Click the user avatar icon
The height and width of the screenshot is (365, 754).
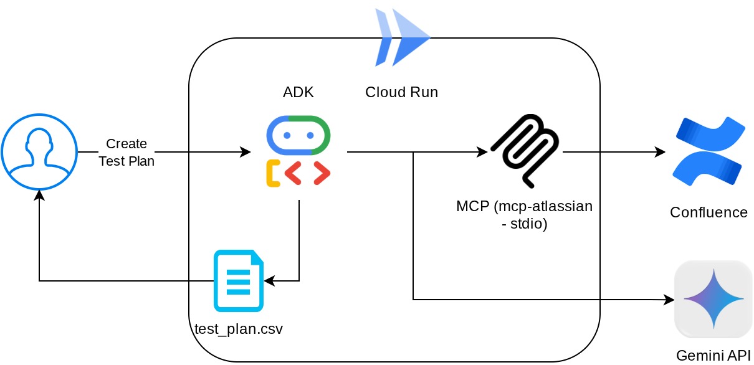coord(39,152)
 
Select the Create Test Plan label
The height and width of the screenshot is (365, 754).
coord(126,152)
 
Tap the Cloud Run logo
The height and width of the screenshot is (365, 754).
coord(402,37)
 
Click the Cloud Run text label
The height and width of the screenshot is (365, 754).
coord(401,92)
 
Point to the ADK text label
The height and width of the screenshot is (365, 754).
coord(298,92)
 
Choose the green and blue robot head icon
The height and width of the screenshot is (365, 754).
coord(298,135)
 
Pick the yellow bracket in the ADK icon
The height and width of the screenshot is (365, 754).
coord(273,173)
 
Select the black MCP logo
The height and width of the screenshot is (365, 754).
coord(525,150)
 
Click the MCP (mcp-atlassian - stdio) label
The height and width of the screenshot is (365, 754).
coord(524,214)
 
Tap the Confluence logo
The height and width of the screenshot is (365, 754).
coord(709,151)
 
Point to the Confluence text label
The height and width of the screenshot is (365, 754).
coord(709,212)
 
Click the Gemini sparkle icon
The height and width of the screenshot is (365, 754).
coord(713,300)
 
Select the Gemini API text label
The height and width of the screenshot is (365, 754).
coord(713,356)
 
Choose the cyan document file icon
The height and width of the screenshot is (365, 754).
coord(239,280)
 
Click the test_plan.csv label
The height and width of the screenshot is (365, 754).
coord(239,328)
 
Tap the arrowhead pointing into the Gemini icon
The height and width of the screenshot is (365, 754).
coord(670,300)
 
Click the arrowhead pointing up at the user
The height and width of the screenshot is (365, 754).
coord(39,195)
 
